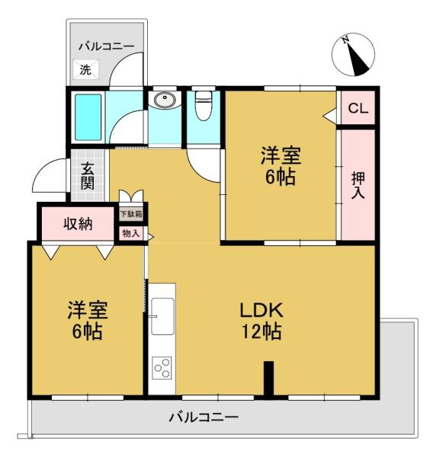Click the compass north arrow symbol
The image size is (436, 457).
pos(353,55)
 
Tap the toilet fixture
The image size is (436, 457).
pos(203,106)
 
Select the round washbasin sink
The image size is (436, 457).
pos(165,100)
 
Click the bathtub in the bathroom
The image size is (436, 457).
pos(88,117)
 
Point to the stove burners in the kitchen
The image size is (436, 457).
pos(162,368)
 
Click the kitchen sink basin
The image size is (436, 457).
pos(162,316)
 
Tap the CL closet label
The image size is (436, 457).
pos(358,108)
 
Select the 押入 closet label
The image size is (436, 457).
pos(357,185)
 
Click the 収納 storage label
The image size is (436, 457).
pos(79,224)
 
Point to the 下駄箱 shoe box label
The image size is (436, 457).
pos(131,214)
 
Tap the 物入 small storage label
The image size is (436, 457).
pos(131,233)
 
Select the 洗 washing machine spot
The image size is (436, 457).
pos(85,69)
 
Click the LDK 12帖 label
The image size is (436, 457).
pos(261,321)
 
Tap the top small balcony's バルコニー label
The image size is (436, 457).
pos(107,46)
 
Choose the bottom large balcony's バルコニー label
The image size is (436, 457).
pos(204,417)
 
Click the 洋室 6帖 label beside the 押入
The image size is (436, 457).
pos(281,166)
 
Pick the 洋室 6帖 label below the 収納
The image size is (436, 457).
pos(88,320)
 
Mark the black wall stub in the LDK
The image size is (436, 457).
pos(268,379)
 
